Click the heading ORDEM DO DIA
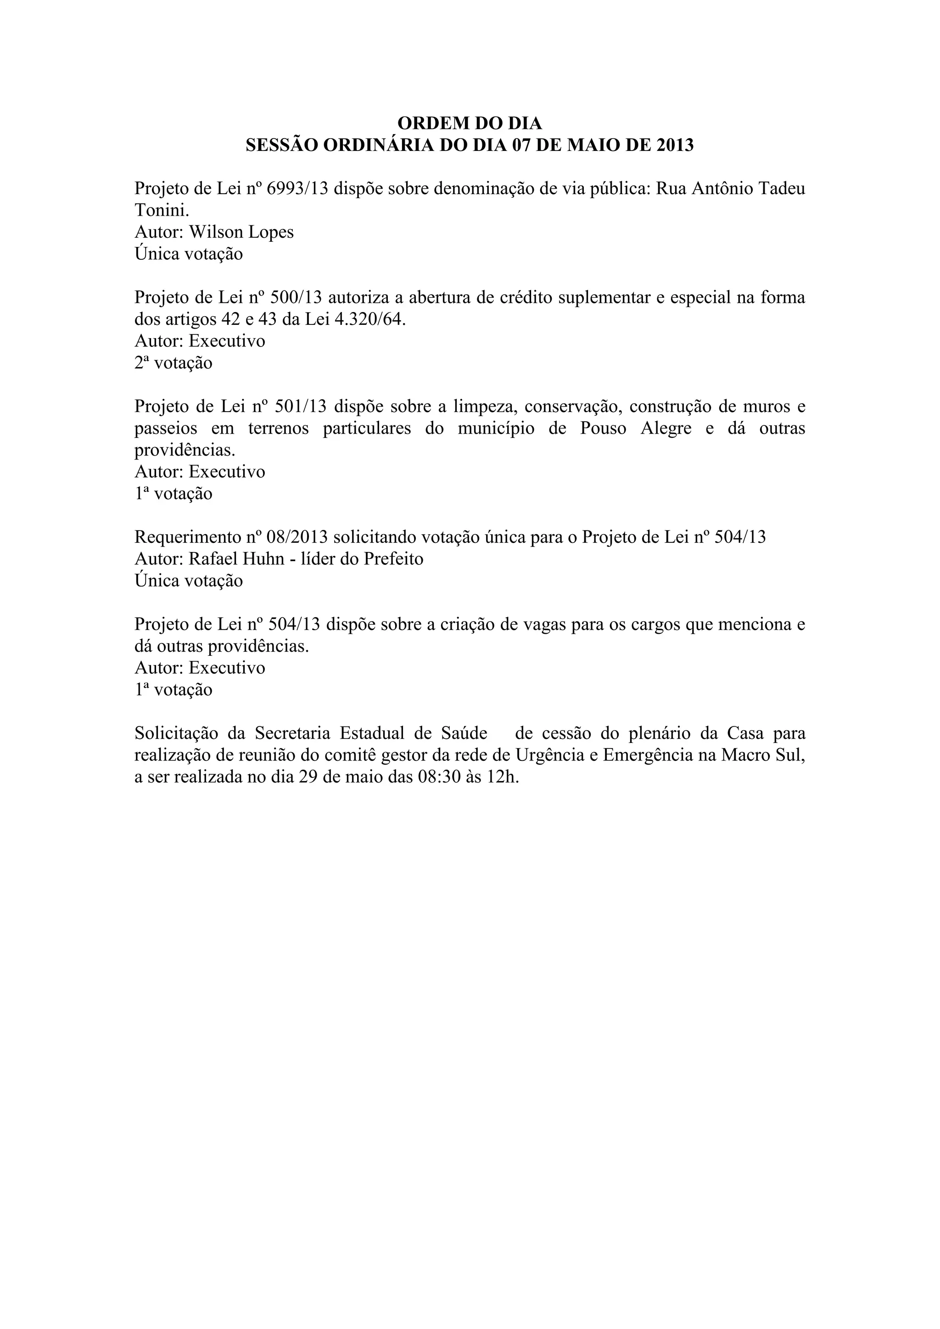coord(470,123)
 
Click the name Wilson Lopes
coord(241,232)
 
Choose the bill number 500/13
coord(295,297)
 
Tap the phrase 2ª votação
coord(173,363)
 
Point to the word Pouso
coord(603,428)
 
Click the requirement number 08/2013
coord(297,537)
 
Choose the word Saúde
coord(464,733)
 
